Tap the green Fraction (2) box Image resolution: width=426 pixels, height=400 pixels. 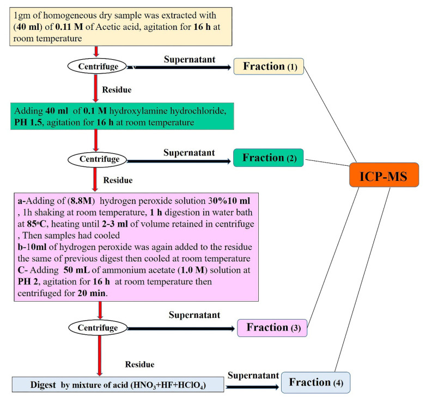[x=269, y=158]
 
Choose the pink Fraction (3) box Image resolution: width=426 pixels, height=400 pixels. [x=273, y=328]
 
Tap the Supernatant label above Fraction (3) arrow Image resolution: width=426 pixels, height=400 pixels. [x=194, y=315]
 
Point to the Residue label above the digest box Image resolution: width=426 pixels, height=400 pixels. [x=139, y=364]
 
